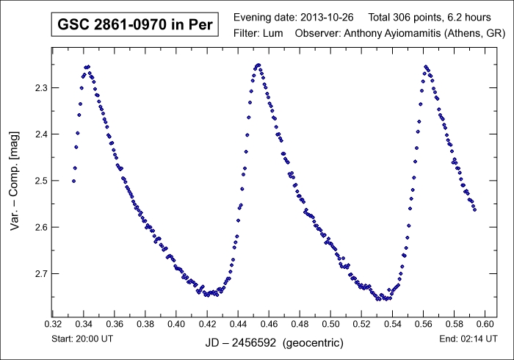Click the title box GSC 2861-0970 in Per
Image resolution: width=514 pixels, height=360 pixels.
tap(134, 24)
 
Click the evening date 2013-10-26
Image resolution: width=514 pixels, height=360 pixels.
tap(327, 16)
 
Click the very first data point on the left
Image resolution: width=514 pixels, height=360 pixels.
tap(73, 181)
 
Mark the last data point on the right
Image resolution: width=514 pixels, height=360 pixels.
tap(474, 209)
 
